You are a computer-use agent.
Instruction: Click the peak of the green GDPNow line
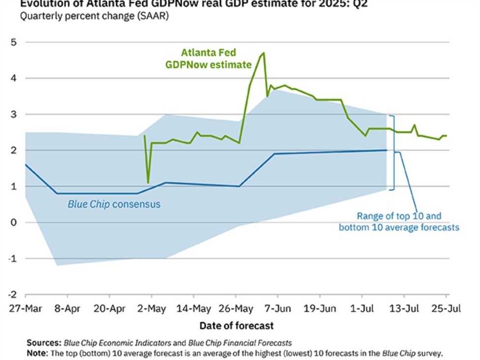[264, 53]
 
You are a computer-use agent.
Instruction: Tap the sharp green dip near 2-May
[148, 183]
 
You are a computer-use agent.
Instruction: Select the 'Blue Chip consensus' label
[114, 204]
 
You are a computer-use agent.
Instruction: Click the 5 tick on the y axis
[14, 42]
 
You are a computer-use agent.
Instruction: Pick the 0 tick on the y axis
[14, 222]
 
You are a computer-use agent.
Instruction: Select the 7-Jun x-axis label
[278, 309]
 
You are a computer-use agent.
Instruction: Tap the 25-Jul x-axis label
[446, 309]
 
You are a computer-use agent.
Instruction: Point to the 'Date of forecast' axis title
[236, 326]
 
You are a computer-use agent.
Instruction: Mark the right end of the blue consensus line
[386, 150]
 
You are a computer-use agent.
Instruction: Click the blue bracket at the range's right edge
[393, 152]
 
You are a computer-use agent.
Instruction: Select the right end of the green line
[447, 135]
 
